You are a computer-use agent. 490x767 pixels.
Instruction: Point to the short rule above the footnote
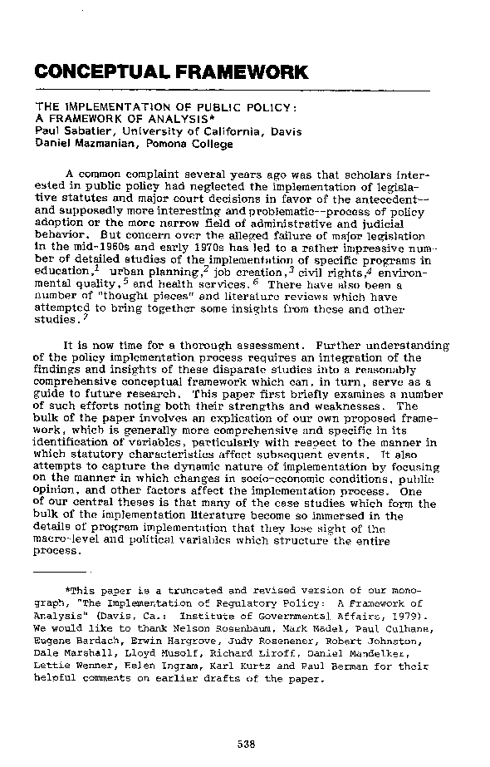(61, 573)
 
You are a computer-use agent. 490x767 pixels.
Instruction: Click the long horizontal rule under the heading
(233, 89)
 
